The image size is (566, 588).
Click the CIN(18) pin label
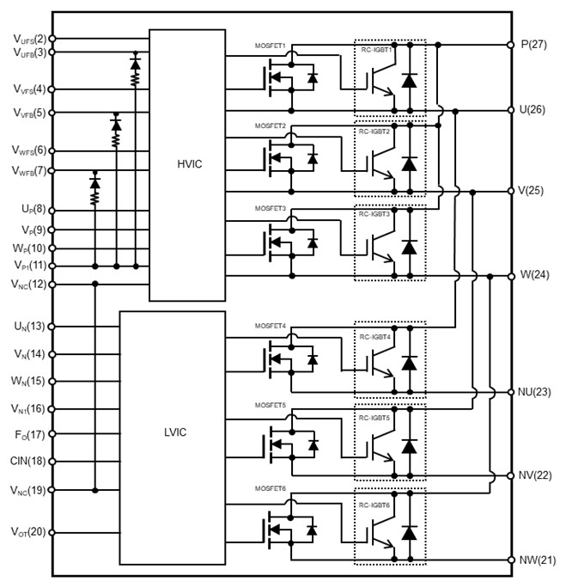click(x=26, y=462)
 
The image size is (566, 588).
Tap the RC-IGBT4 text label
click(x=376, y=337)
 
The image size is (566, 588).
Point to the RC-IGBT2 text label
click(x=376, y=132)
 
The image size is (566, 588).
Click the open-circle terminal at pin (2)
click(x=52, y=39)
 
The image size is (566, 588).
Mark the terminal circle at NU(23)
click(x=512, y=391)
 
